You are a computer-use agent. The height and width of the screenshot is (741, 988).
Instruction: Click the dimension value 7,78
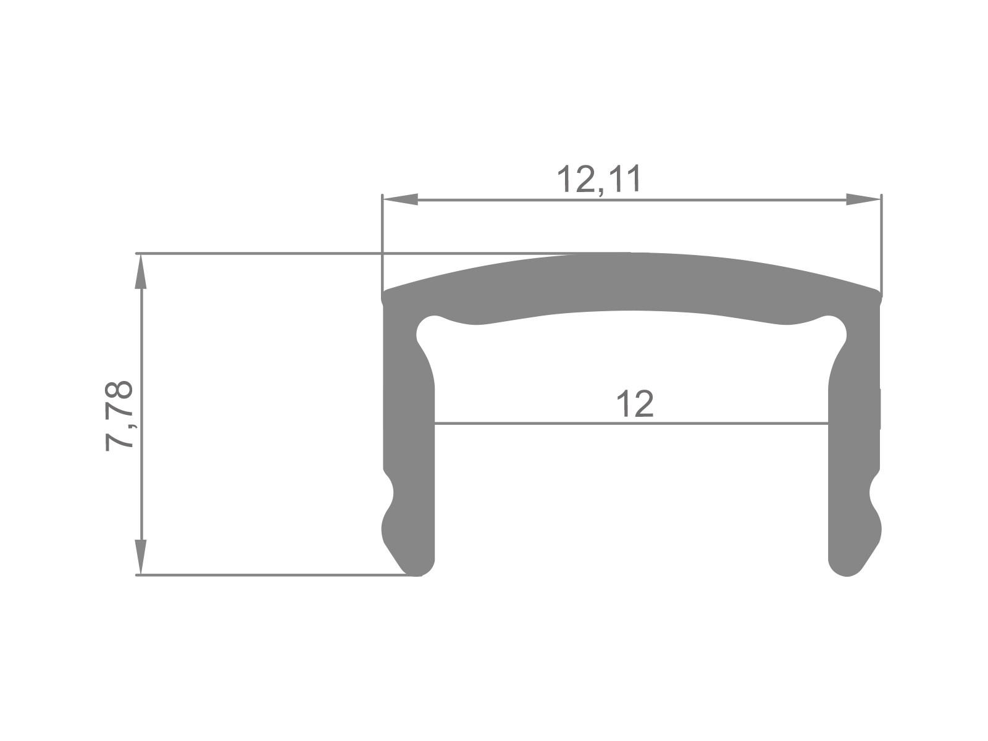coord(119,416)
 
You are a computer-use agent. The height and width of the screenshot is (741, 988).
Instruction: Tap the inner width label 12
coord(634,405)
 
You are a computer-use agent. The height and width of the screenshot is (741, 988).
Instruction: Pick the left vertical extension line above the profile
coord(383,241)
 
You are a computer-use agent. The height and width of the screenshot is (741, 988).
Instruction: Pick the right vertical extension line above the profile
coord(881,241)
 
